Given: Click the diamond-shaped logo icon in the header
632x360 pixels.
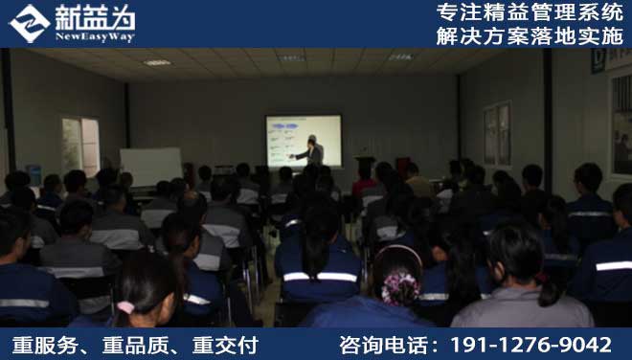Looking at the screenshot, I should click(29, 23).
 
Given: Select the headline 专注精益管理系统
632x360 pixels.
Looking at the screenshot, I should click(529, 13).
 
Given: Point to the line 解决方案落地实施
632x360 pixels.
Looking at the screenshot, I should click(529, 35).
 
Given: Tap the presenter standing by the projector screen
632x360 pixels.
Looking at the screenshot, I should click(312, 151).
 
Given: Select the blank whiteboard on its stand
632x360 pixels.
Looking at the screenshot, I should click(150, 167).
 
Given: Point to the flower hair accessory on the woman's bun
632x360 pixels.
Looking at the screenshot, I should click(399, 285).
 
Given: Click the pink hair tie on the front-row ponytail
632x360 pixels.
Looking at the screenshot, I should click(125, 307).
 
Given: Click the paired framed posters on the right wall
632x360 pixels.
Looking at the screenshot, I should click(496, 133).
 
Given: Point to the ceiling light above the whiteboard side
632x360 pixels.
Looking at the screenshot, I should click(156, 62).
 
